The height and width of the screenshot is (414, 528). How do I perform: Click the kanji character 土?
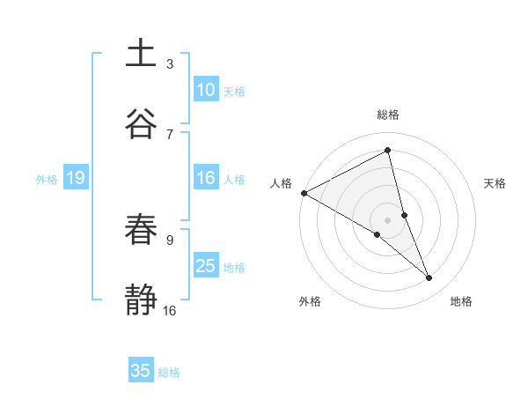[141, 54]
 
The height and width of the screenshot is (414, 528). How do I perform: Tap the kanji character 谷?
[141, 122]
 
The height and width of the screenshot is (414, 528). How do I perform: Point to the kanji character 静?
[141, 299]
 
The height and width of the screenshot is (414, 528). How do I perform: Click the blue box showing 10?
[206, 90]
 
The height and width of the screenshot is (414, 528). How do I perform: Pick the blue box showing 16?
[206, 179]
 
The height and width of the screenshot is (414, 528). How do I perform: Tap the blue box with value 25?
[206, 266]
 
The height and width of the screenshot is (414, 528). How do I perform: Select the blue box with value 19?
[76, 179]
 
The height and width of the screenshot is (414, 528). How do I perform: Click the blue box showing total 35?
[141, 371]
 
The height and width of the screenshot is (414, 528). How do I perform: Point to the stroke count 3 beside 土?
[170, 63]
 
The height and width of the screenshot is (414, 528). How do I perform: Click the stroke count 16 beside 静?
[170, 310]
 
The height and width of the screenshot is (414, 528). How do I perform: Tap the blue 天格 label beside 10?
[233, 92]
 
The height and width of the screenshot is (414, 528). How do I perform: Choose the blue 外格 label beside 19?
[47, 180]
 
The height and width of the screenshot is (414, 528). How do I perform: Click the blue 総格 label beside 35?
[169, 373]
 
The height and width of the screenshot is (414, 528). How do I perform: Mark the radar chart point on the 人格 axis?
[304, 193]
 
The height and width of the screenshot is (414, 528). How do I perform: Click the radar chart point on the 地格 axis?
[429, 278]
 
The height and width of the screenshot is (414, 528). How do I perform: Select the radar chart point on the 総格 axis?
[388, 150]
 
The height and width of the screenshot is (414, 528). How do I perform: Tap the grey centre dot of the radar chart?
[388, 219]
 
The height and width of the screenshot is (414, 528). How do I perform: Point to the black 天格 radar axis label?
[495, 183]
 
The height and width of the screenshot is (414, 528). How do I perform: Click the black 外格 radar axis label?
[310, 301]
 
